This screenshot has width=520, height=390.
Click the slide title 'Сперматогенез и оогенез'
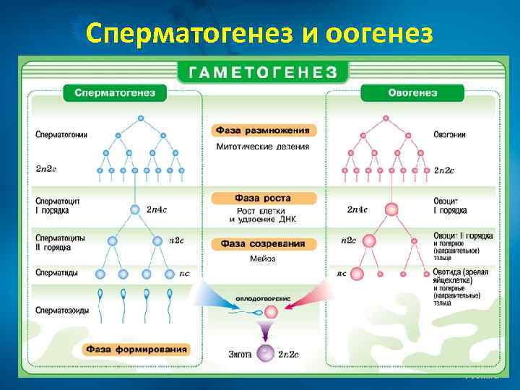(259, 32)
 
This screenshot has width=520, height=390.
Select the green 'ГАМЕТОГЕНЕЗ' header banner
(263, 72)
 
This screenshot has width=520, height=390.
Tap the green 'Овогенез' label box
(412, 93)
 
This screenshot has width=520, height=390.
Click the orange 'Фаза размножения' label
(264, 131)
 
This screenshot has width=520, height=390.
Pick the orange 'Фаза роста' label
(264, 198)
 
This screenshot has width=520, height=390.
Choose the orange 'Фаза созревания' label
(264, 244)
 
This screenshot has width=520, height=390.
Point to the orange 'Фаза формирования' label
(136, 350)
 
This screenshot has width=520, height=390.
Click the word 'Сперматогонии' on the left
(61, 134)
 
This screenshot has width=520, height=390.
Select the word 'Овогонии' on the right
(449, 134)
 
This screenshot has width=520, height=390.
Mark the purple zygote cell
(266, 354)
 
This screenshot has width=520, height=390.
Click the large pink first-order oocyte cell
(391, 209)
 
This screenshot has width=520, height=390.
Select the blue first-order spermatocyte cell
(135, 210)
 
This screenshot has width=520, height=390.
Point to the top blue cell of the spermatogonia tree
(141, 117)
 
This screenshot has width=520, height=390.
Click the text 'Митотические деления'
(263, 147)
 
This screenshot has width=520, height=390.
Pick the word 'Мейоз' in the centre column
(263, 259)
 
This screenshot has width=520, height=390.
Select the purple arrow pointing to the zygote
(266, 331)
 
